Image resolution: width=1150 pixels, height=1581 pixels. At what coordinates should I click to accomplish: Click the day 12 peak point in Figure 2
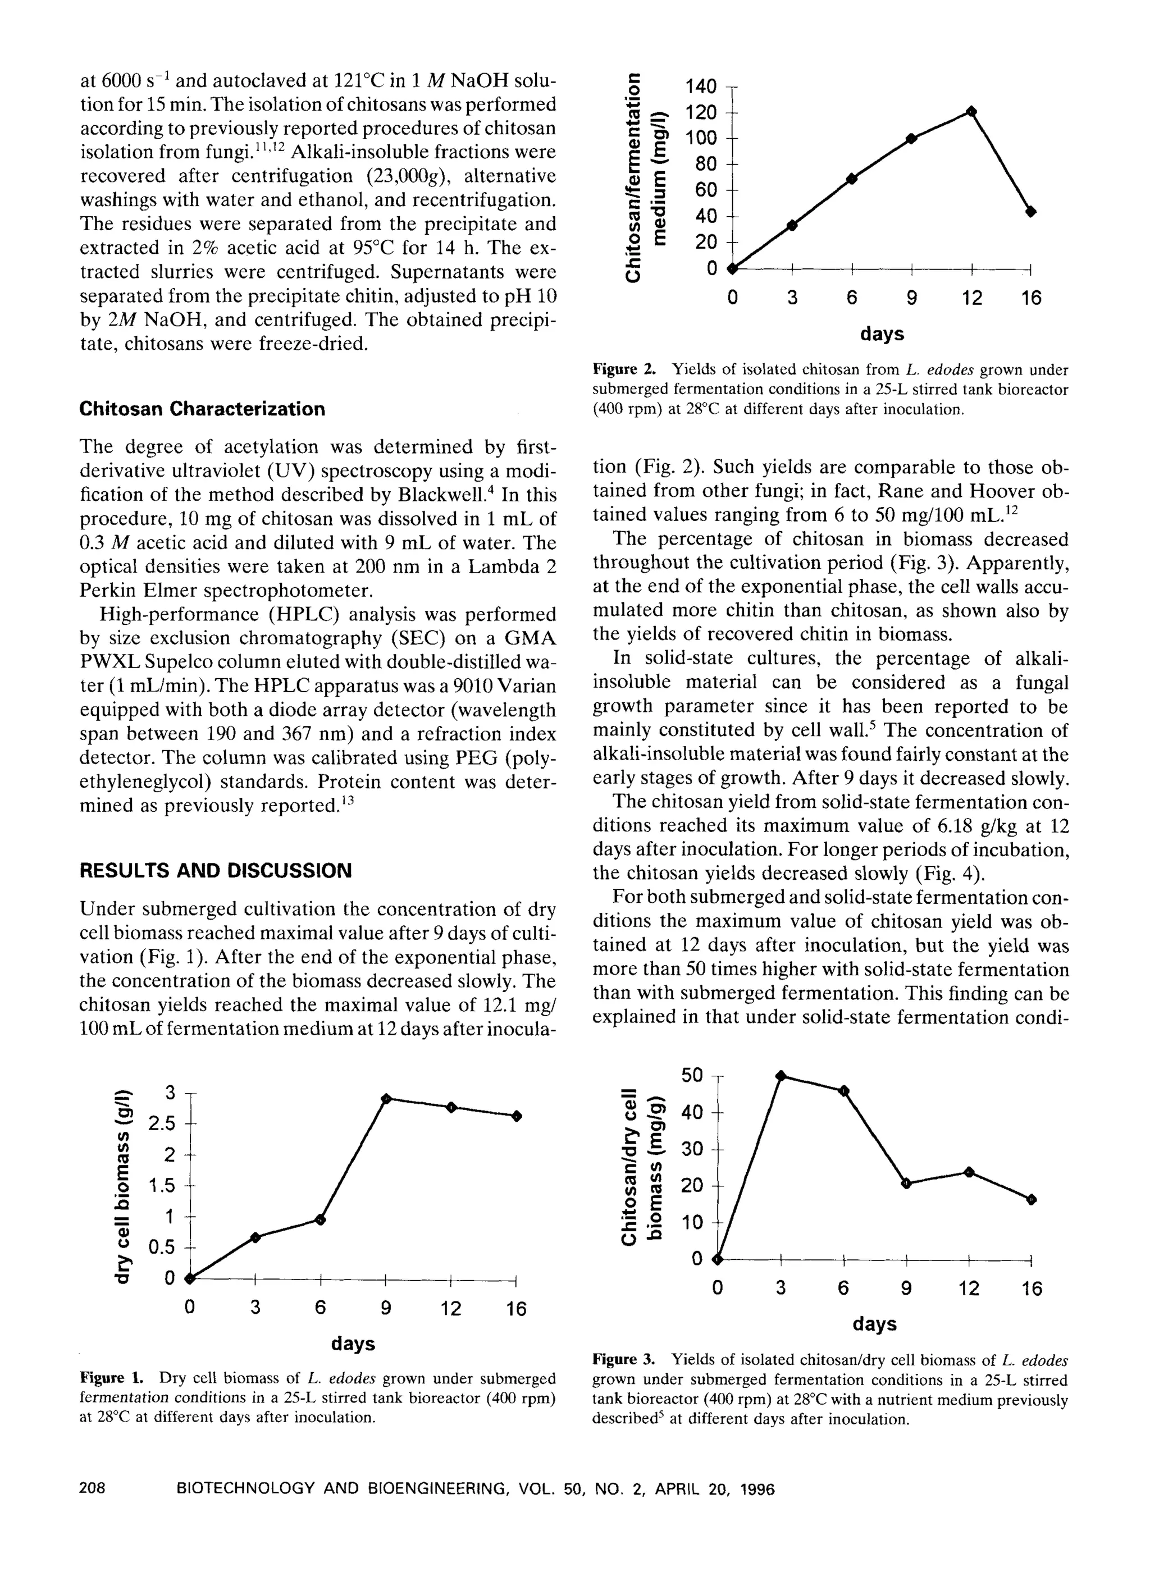pyautogui.click(x=971, y=112)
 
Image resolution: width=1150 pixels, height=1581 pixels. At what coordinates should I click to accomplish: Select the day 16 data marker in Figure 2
pyautogui.click(x=1032, y=211)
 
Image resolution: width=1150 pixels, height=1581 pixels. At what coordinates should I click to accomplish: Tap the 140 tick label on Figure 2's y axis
pyautogui.click(x=700, y=86)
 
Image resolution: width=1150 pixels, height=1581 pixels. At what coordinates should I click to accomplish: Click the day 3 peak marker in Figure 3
pyautogui.click(x=781, y=1076)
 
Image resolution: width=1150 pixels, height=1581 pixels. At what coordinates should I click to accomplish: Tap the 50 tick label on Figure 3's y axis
pyautogui.click(x=692, y=1075)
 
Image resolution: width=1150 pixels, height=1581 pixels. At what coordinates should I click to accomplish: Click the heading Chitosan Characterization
pyautogui.click(x=202, y=409)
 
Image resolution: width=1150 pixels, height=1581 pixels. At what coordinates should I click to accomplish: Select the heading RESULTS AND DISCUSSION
pyautogui.click(x=216, y=871)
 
